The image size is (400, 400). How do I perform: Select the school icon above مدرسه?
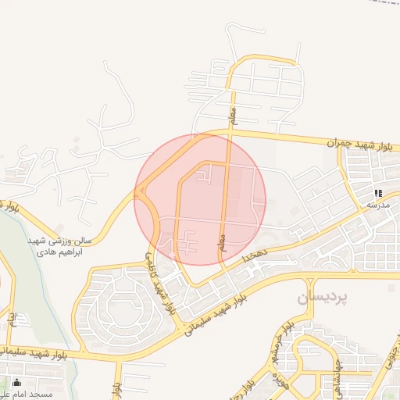(377, 192)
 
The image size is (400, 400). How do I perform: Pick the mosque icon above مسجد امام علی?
(16, 382)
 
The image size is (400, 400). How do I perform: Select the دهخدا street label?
(255, 255)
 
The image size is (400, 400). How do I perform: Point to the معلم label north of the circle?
(231, 116)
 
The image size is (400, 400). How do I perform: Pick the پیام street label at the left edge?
(12, 320)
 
